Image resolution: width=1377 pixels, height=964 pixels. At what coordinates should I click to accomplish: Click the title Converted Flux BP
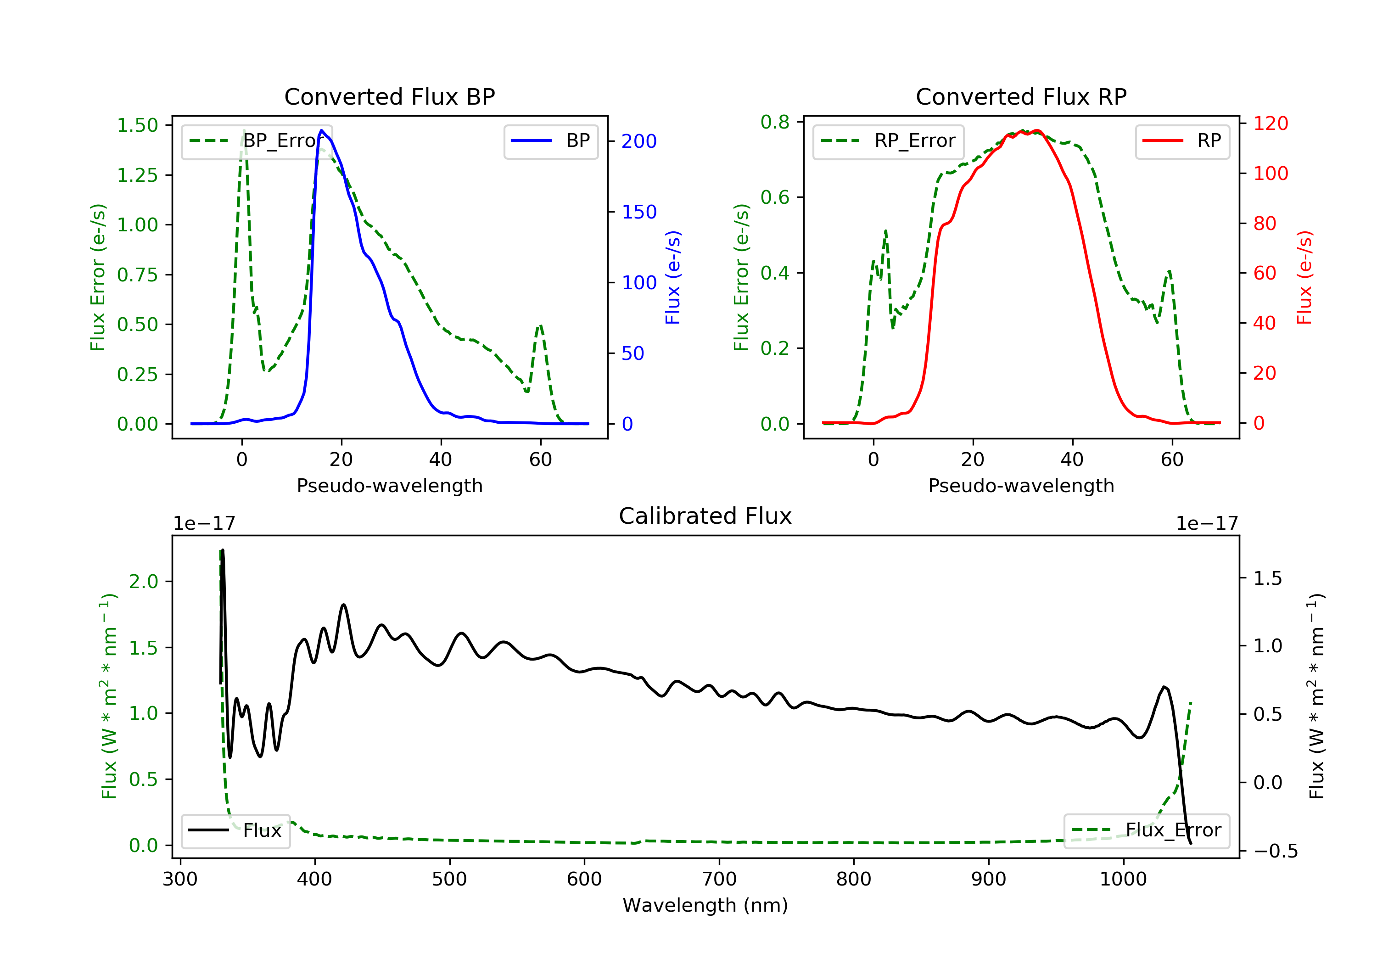point(389,96)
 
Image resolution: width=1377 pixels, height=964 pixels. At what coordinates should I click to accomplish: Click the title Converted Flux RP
point(1021,96)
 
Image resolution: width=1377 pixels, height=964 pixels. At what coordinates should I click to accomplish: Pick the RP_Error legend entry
point(888,141)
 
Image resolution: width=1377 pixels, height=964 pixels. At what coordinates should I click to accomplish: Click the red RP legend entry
point(1182,141)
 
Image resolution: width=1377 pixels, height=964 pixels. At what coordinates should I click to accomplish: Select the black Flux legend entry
point(236,830)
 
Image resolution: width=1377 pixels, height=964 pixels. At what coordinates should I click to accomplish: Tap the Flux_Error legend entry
point(1146,830)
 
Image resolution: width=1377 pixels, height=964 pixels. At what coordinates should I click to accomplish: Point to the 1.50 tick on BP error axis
point(137,125)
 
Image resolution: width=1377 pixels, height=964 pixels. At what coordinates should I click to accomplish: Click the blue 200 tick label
point(639,141)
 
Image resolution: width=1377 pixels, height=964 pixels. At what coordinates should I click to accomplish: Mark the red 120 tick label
point(1270,123)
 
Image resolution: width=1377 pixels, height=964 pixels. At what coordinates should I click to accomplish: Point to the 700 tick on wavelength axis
point(718,880)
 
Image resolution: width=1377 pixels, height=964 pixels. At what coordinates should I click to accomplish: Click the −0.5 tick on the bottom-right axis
point(1275,851)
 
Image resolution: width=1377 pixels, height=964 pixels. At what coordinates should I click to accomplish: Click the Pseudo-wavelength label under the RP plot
point(1021,485)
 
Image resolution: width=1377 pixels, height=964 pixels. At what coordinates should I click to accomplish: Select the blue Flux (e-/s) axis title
point(673,277)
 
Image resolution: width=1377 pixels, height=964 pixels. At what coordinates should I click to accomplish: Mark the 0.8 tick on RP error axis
point(775,123)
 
